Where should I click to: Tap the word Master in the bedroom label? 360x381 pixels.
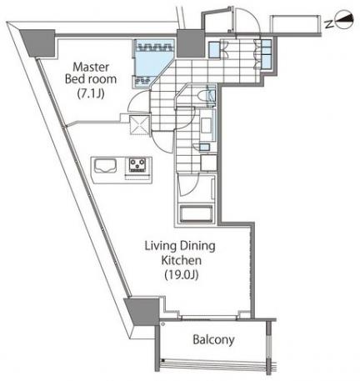pyautogui.click(x=91, y=67)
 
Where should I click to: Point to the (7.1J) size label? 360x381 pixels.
pyautogui.click(x=91, y=93)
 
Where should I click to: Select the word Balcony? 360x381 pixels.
pyautogui.click(x=213, y=339)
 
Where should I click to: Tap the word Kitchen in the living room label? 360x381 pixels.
pyautogui.click(x=182, y=260)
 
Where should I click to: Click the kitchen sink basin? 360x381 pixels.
pyautogui.click(x=105, y=166)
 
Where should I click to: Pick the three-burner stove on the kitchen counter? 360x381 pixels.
pyautogui.click(x=137, y=165)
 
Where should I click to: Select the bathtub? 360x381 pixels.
pyautogui.click(x=197, y=213)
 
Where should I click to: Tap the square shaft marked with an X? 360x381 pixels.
pyautogui.click(x=139, y=124)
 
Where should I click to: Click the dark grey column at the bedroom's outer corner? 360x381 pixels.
pyautogui.click(x=38, y=43)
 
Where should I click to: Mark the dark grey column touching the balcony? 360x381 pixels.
pyautogui.click(x=142, y=310)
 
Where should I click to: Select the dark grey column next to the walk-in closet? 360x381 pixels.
pyautogui.click(x=190, y=43)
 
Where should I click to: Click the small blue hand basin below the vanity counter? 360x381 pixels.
pyautogui.click(x=205, y=147)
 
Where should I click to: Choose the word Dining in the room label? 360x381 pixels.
pyautogui.click(x=197, y=246)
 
